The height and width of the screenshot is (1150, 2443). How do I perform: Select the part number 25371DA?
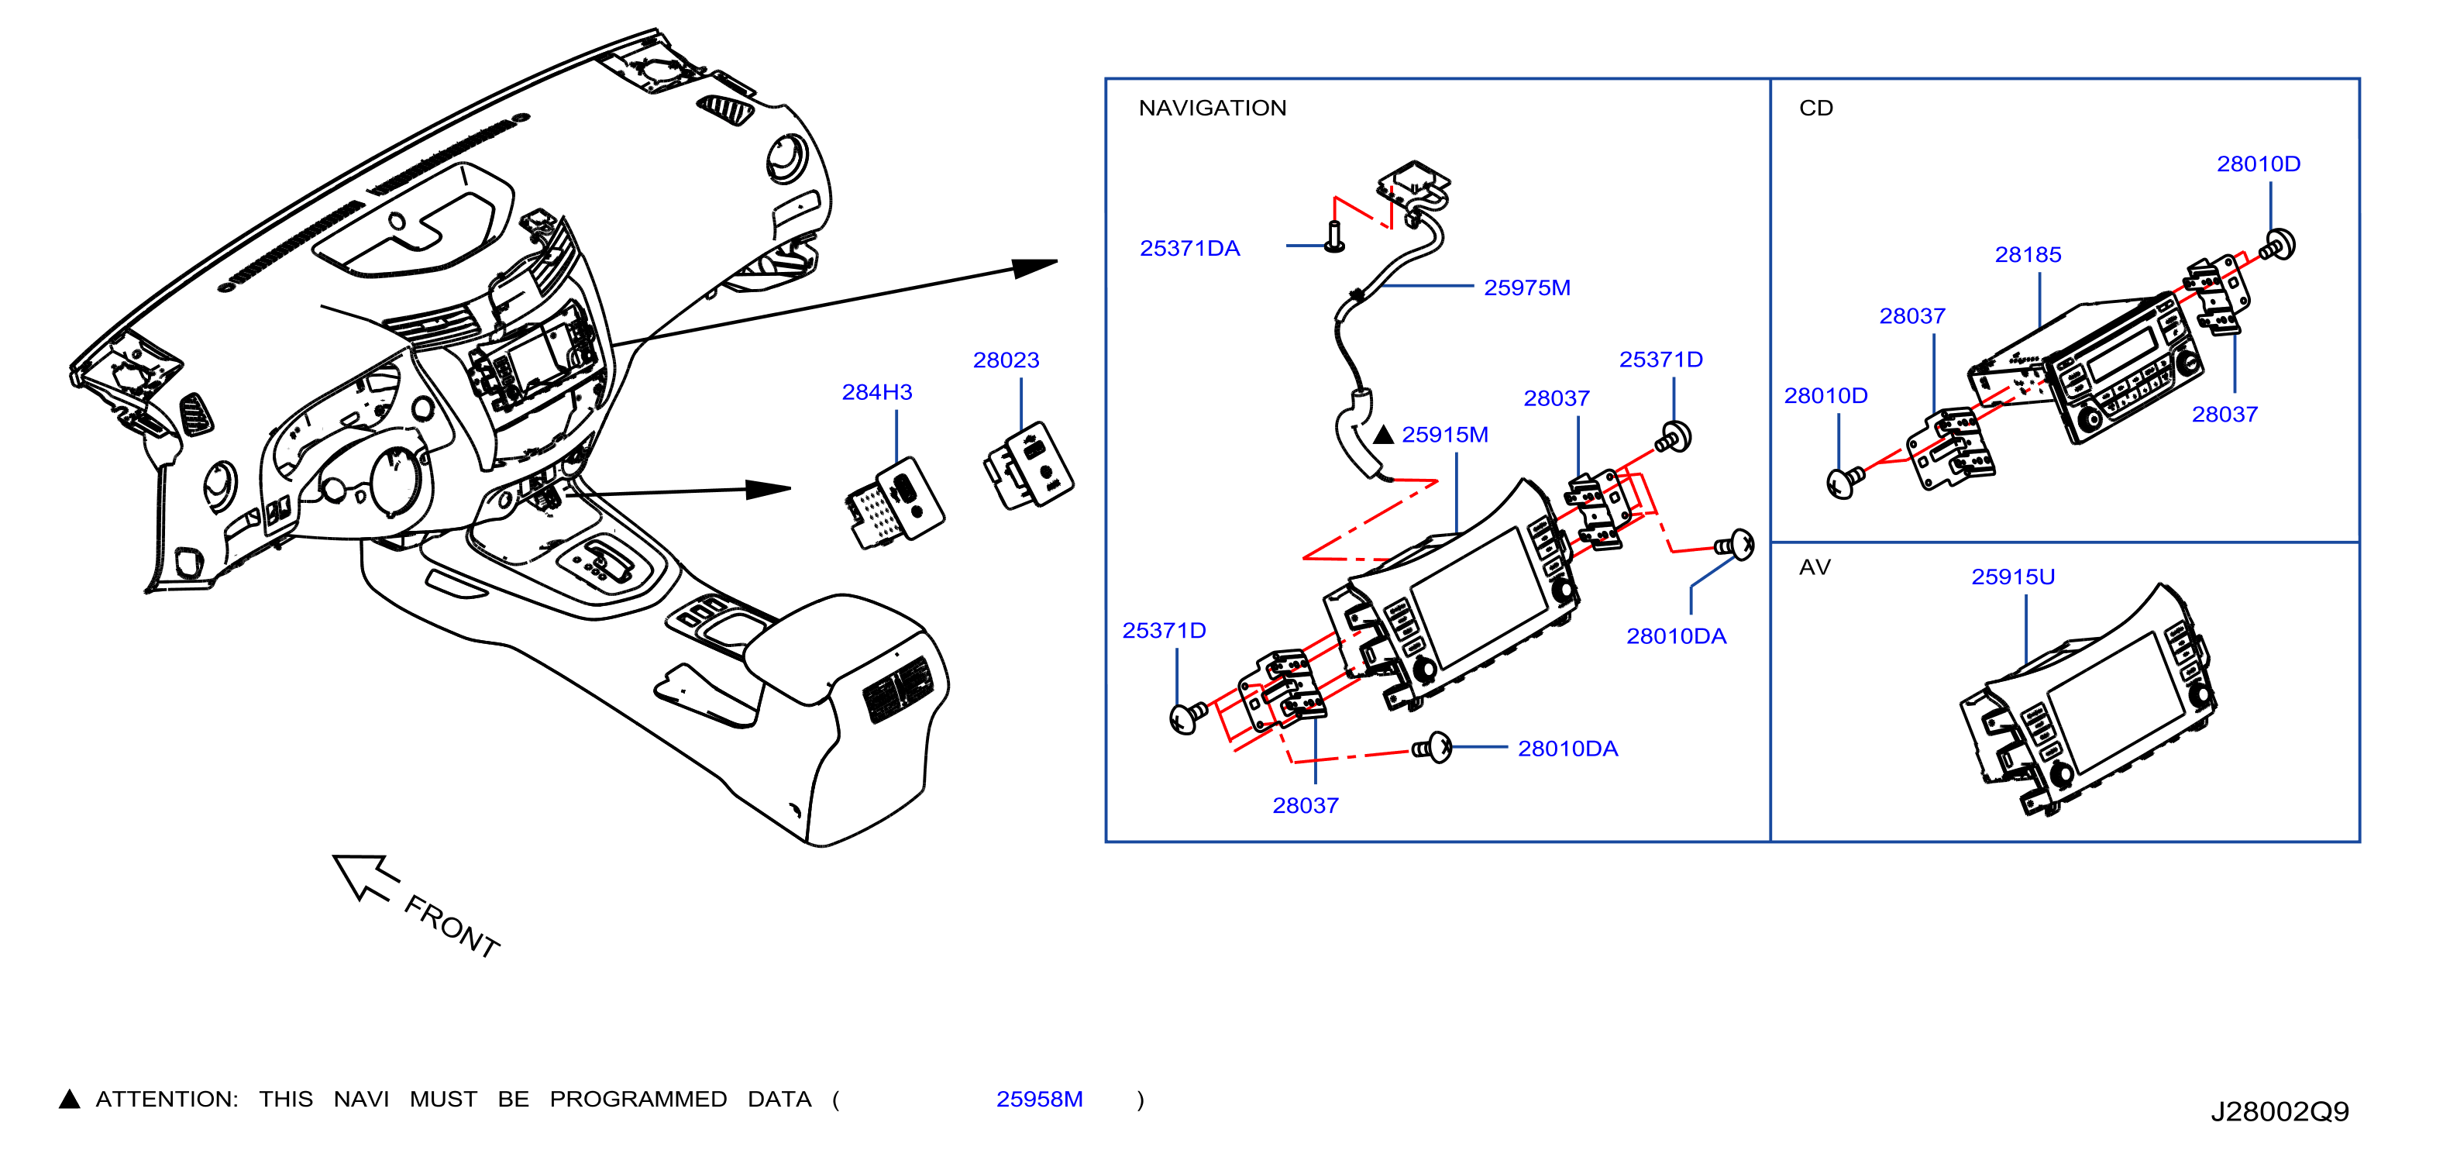[1189, 248]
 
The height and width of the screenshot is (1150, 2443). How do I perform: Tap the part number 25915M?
[1444, 435]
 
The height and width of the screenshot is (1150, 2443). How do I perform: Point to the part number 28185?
[2028, 254]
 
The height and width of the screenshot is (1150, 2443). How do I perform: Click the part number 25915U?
[2012, 577]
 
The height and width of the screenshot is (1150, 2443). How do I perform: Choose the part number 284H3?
[876, 392]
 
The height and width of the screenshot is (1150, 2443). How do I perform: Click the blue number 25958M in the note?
[1038, 1099]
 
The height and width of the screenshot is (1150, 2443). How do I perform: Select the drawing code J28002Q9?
[2279, 1111]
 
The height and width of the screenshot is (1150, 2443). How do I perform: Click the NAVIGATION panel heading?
[1212, 108]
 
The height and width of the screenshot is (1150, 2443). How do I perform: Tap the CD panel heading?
[1815, 108]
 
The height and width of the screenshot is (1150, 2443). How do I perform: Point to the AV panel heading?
[1814, 567]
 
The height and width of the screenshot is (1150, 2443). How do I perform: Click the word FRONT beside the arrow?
[452, 926]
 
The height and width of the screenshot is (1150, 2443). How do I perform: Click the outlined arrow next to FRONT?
[365, 876]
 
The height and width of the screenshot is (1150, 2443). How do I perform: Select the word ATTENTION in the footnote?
[166, 1099]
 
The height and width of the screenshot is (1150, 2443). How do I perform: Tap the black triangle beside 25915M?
[1384, 435]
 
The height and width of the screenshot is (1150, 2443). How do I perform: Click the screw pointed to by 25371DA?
[1333, 236]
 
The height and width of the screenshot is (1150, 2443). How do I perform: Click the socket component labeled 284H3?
[893, 503]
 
